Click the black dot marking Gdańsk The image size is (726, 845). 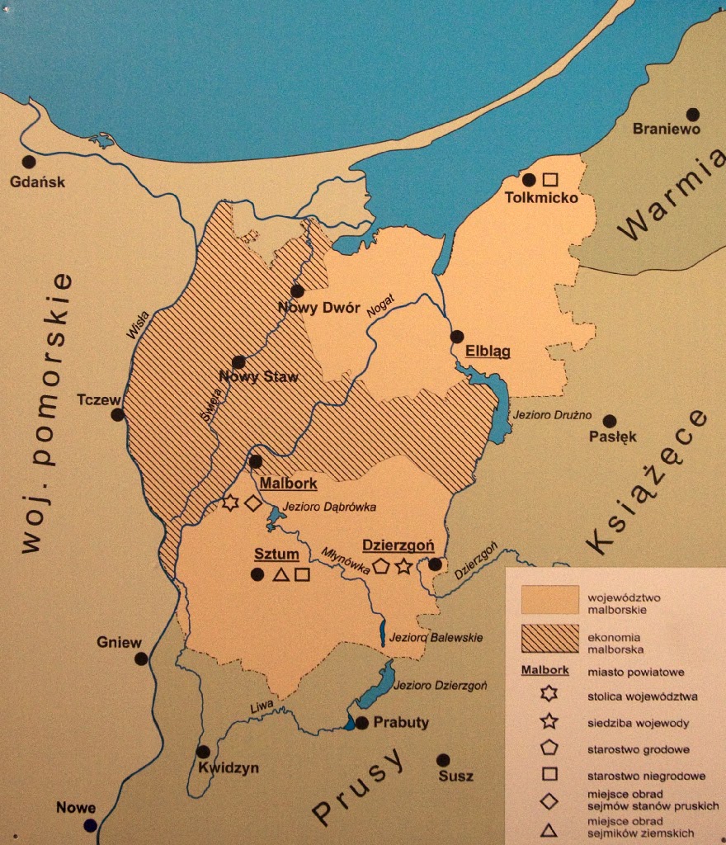29,162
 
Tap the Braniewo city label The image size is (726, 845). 666,130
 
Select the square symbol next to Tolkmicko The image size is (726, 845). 550,179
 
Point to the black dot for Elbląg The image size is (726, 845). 457,336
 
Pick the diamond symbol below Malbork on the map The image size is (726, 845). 252,503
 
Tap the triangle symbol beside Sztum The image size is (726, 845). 280,574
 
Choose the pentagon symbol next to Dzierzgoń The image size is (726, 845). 380,566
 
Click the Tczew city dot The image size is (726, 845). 118,414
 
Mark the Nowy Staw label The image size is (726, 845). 258,377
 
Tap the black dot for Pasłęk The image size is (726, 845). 610,421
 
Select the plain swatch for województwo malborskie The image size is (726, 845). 549,600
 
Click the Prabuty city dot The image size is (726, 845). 361,722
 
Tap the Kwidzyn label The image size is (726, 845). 229,767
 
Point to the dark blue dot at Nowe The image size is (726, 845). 90,825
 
